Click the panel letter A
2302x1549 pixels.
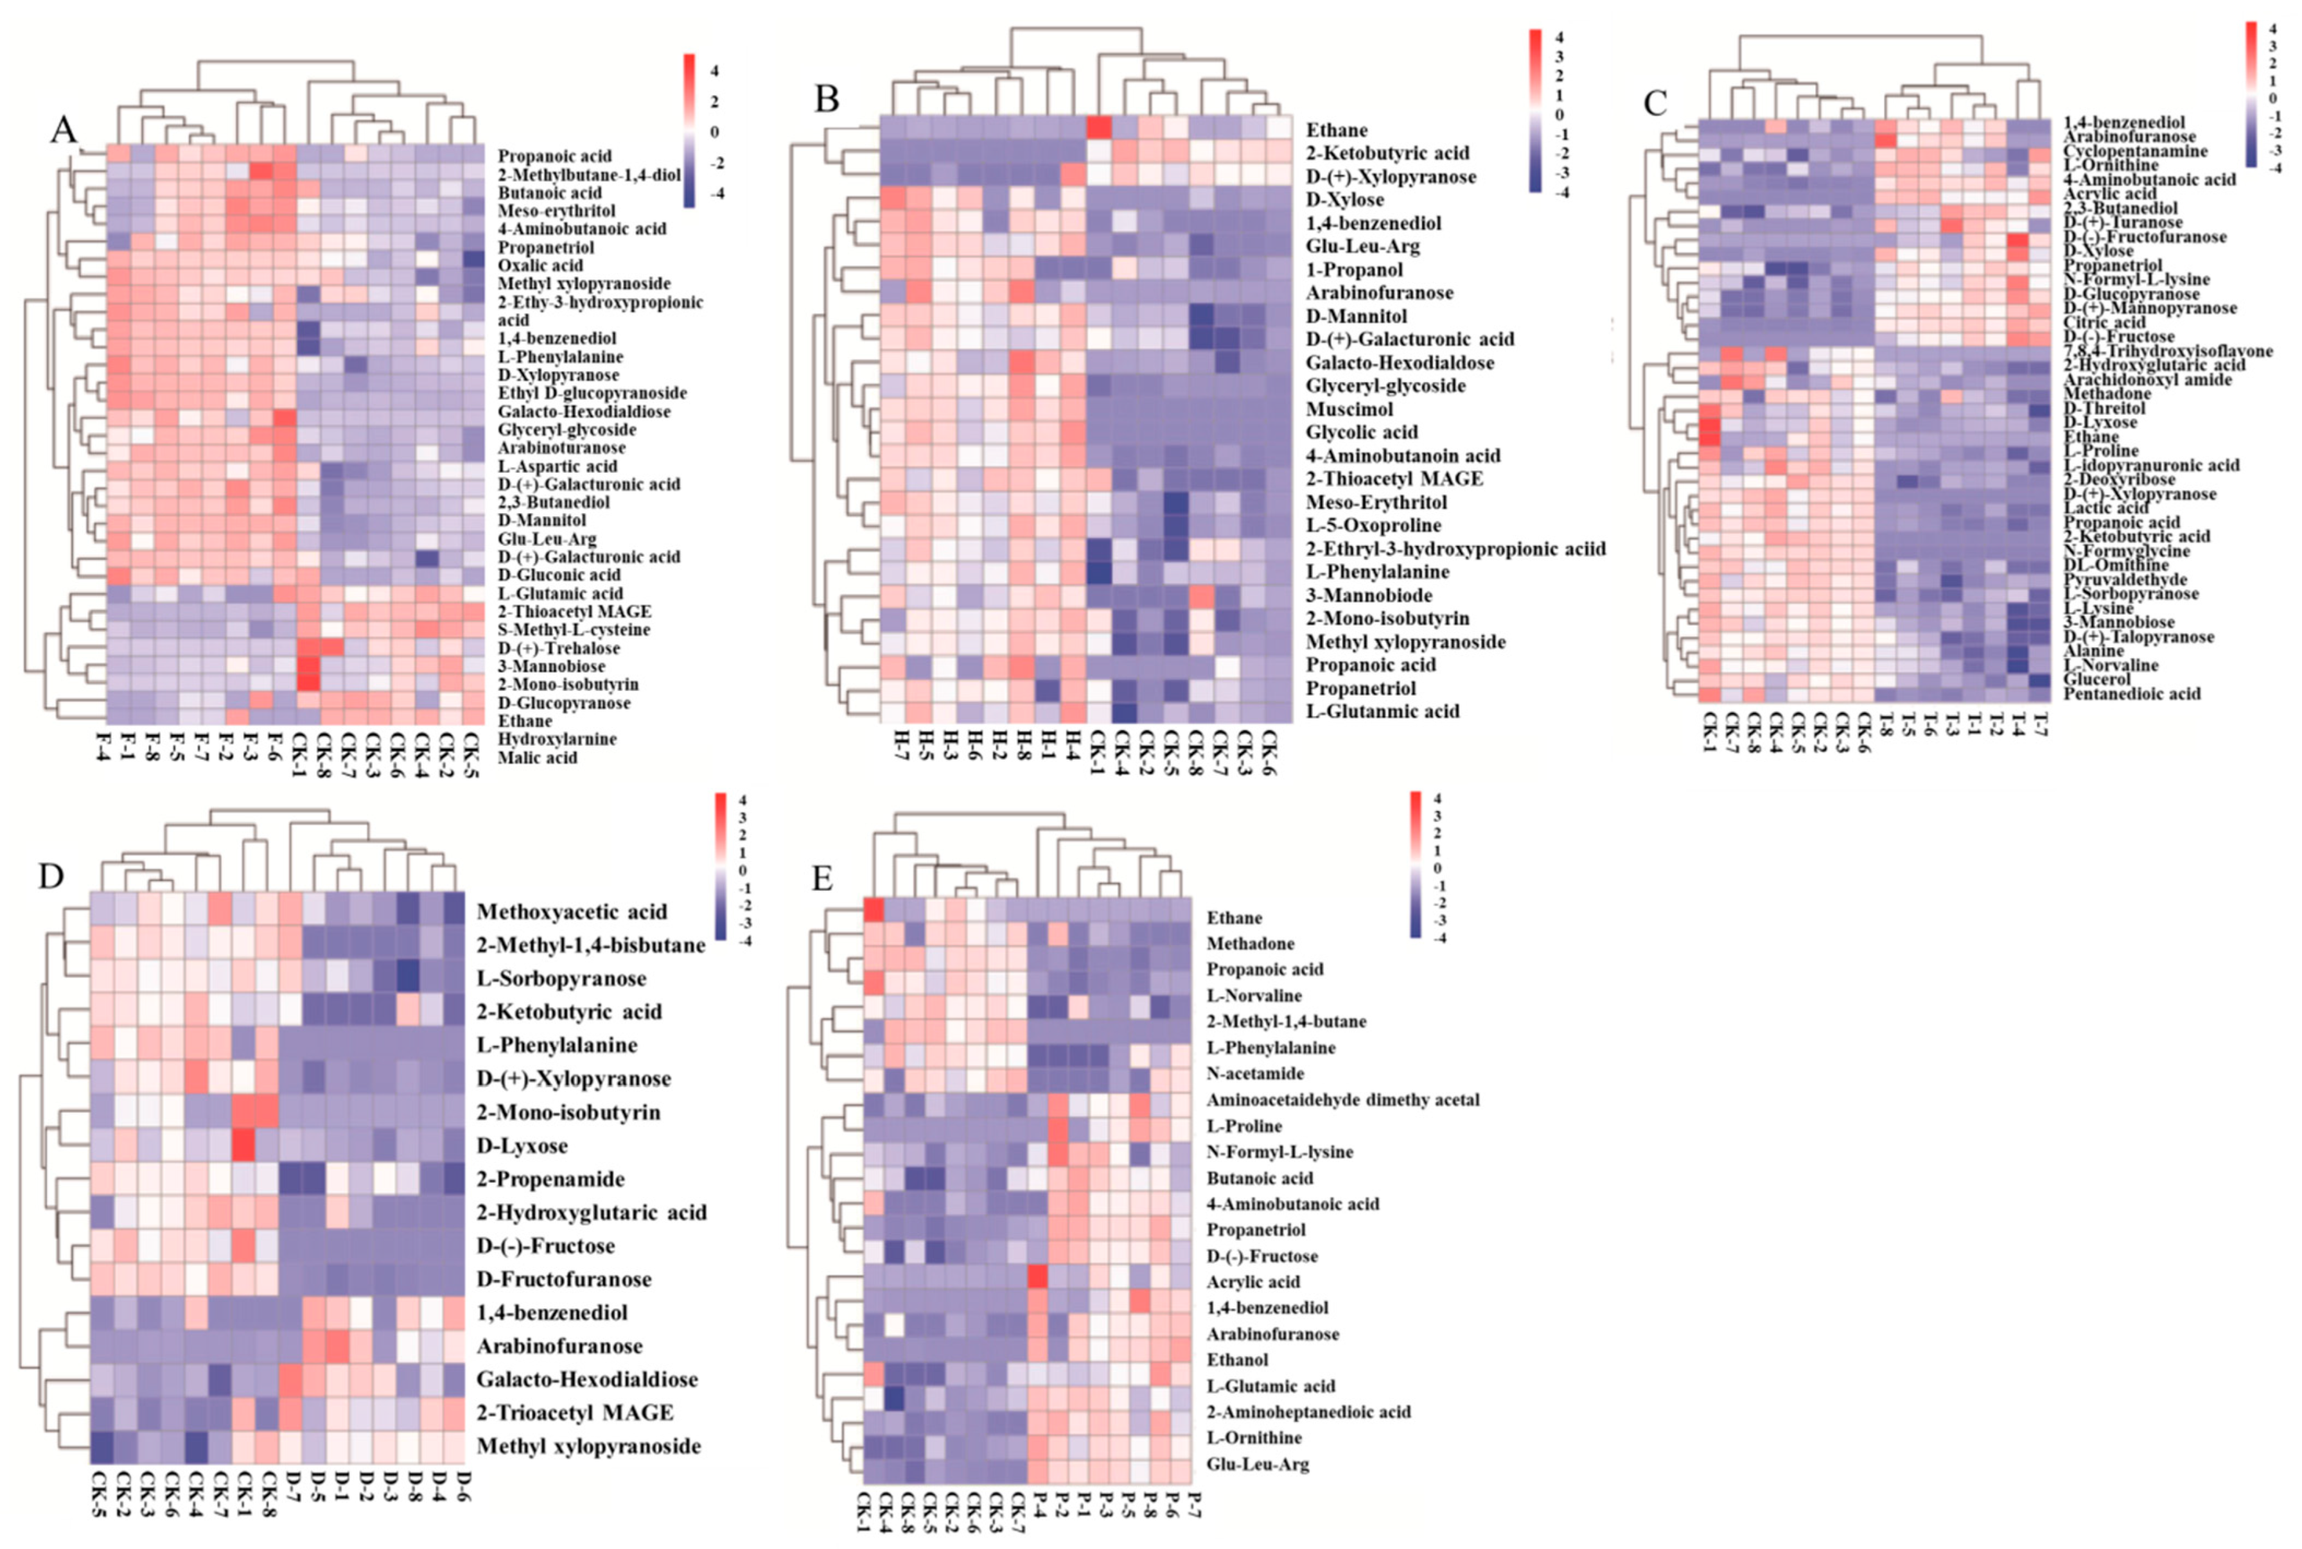click(63, 130)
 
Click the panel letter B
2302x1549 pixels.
click(826, 99)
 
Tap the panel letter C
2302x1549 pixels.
click(1654, 103)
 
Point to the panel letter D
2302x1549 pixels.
click(51, 875)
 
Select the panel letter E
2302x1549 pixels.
click(822, 879)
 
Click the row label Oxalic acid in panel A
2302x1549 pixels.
click(540, 265)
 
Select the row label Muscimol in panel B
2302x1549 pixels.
click(1349, 409)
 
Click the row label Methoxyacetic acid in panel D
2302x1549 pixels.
click(571, 912)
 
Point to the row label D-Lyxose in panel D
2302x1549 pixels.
click(522, 1146)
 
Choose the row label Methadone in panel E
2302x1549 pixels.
click(1250, 943)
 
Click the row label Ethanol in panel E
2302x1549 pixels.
click(1237, 1360)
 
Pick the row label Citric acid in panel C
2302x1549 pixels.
click(2104, 322)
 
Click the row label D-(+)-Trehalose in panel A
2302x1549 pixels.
click(558, 648)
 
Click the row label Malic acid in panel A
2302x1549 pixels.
click(536, 758)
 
